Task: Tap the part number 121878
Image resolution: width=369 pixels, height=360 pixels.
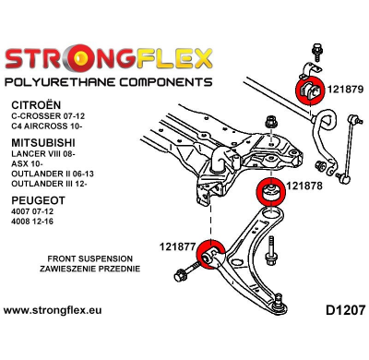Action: [x=304, y=186]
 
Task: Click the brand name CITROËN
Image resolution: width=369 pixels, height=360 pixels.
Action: [x=35, y=106]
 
